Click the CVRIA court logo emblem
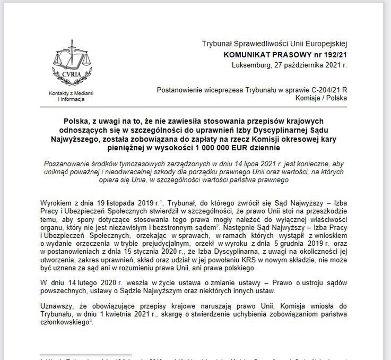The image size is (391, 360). (71, 66)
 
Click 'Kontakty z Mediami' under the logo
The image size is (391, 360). (71, 93)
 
